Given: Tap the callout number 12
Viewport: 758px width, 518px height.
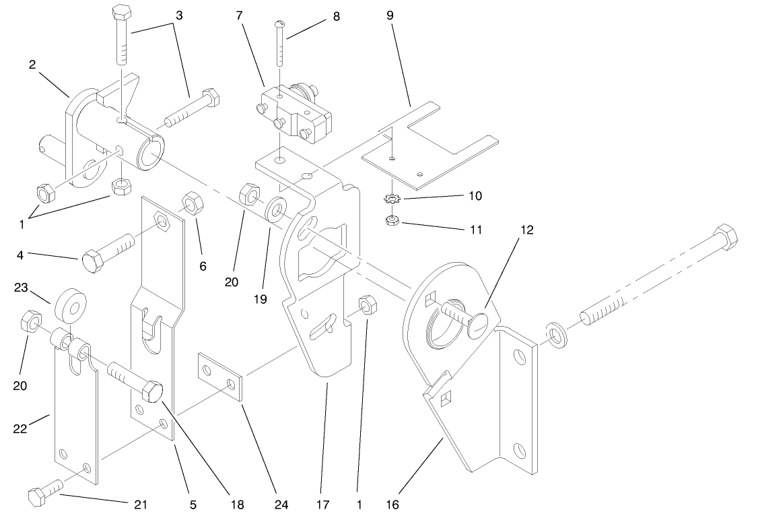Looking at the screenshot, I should (x=526, y=230).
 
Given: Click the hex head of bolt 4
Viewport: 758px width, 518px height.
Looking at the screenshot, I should (x=92, y=260).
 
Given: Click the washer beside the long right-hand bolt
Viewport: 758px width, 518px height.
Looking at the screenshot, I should (x=556, y=333).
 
